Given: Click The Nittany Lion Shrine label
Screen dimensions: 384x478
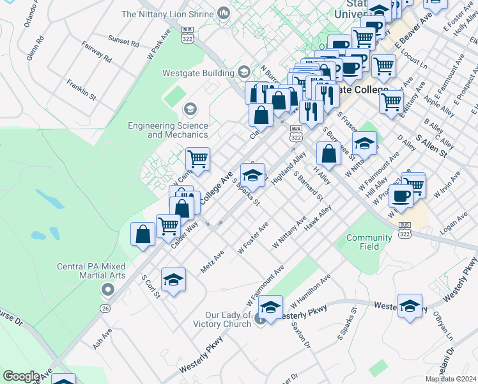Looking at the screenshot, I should [x=168, y=13].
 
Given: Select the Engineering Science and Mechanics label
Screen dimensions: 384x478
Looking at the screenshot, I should [x=168, y=130].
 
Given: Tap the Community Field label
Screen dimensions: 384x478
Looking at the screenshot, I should [x=369, y=242].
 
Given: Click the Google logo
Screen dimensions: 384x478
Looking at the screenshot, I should [x=21, y=376].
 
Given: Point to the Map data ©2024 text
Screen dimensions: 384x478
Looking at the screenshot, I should [x=451, y=379].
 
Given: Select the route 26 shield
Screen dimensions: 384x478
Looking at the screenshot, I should [x=104, y=308].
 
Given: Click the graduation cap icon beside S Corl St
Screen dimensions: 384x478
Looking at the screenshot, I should [x=173, y=280].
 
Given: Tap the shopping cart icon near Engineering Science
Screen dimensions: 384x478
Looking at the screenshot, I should [x=198, y=159].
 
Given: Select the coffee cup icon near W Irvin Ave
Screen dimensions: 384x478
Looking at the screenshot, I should [x=401, y=196].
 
